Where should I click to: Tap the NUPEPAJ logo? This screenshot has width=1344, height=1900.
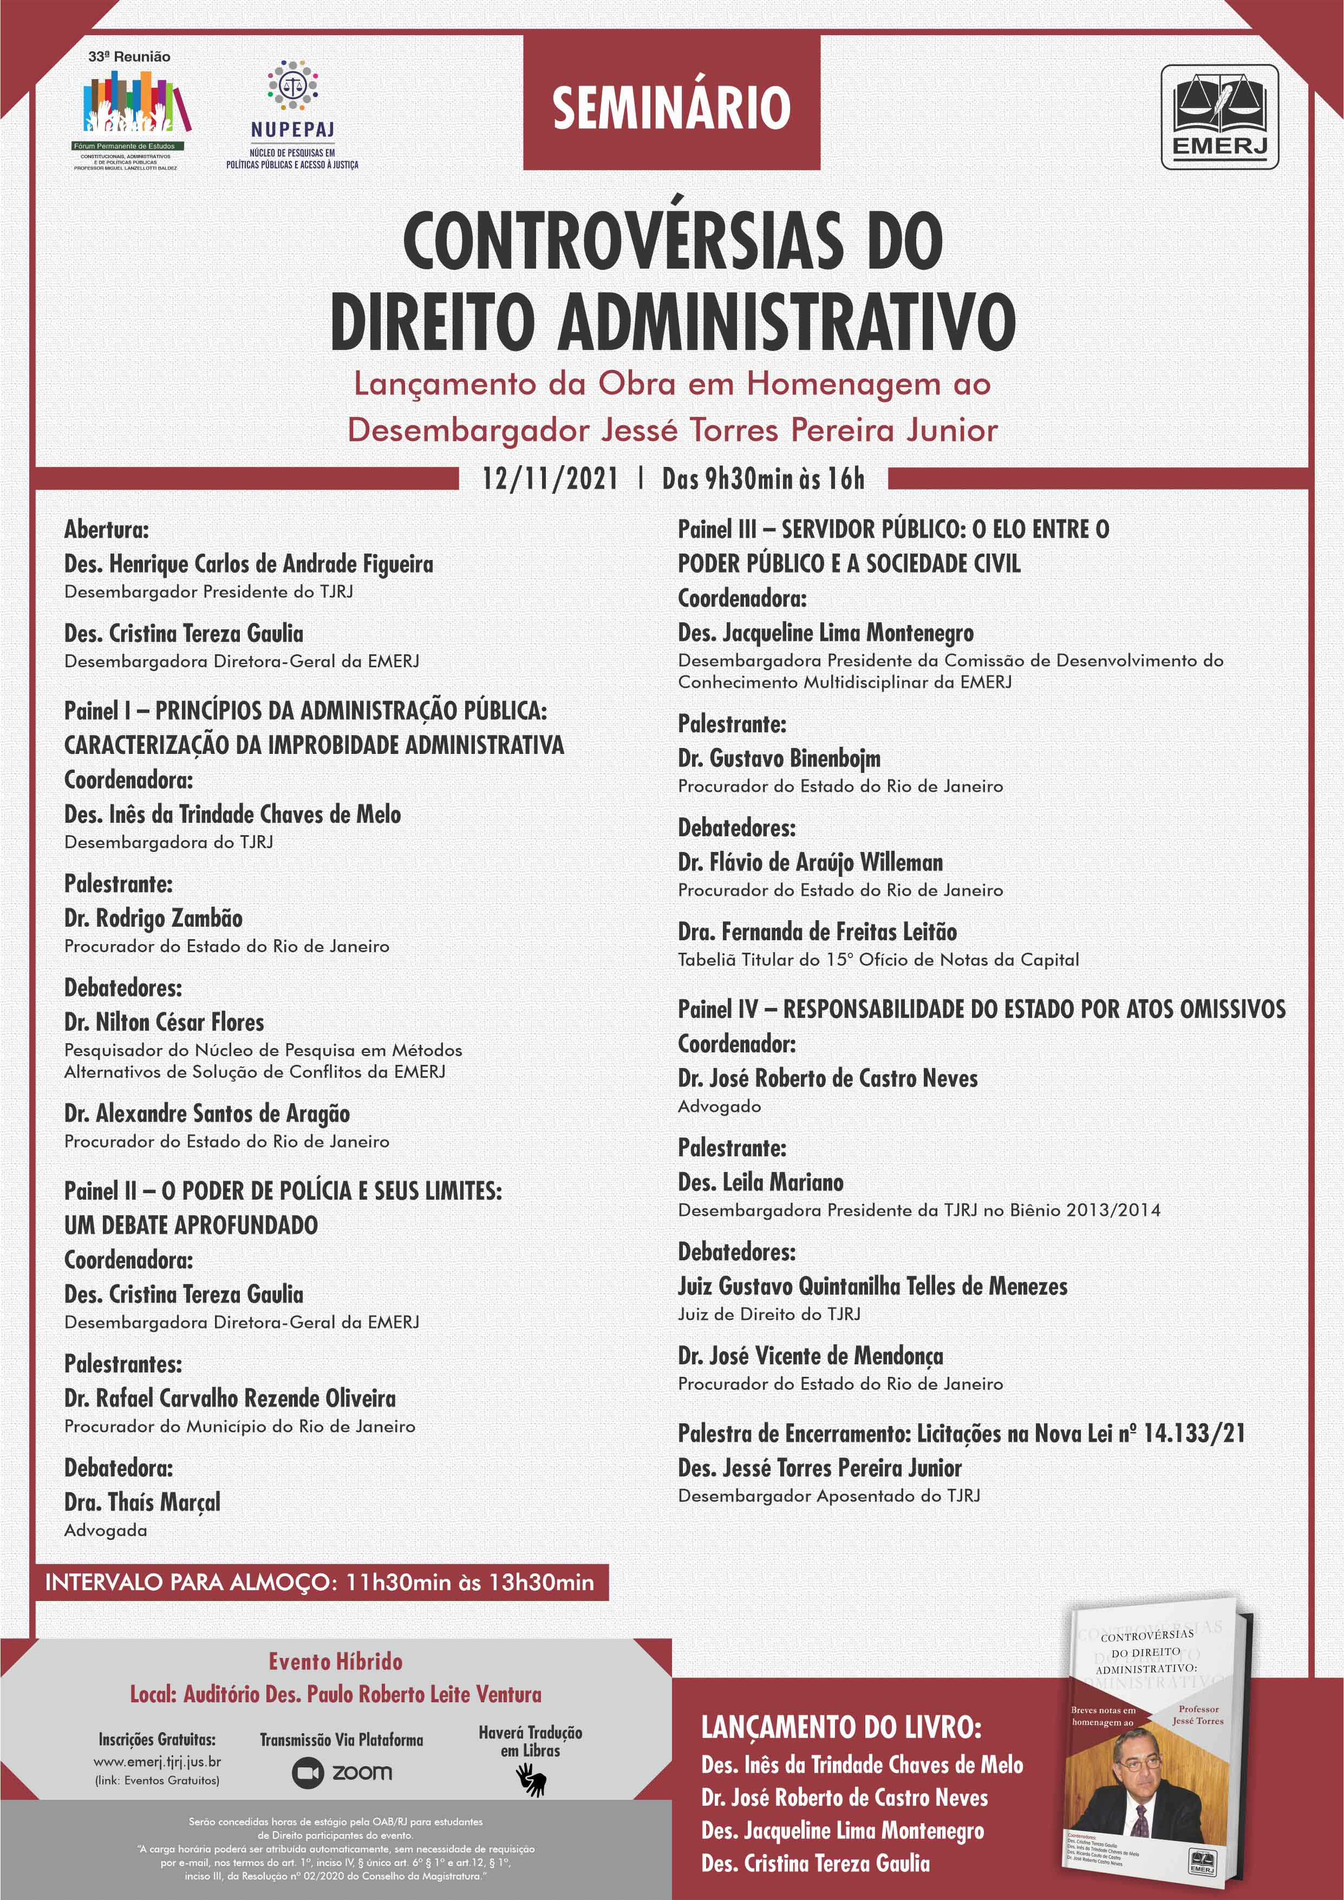click(x=292, y=113)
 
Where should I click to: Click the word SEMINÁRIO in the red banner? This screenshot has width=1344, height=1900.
click(x=671, y=108)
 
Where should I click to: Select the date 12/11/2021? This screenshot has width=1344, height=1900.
click(x=550, y=478)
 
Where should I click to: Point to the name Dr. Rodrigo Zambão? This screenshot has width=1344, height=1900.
click(x=154, y=919)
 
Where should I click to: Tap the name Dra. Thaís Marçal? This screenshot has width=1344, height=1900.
click(x=142, y=1502)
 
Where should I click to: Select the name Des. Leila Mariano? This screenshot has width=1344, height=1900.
click(x=761, y=1182)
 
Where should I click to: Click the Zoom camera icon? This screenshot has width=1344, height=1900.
click(x=307, y=1773)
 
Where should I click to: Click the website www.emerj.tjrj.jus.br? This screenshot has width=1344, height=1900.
click(x=157, y=1762)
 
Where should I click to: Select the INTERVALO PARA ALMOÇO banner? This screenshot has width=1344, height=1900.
click(x=319, y=1582)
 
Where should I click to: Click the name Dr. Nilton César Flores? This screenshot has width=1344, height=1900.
click(x=164, y=1023)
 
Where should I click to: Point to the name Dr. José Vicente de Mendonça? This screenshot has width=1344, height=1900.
click(x=810, y=1356)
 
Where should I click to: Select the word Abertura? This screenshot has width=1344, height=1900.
click(x=107, y=530)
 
